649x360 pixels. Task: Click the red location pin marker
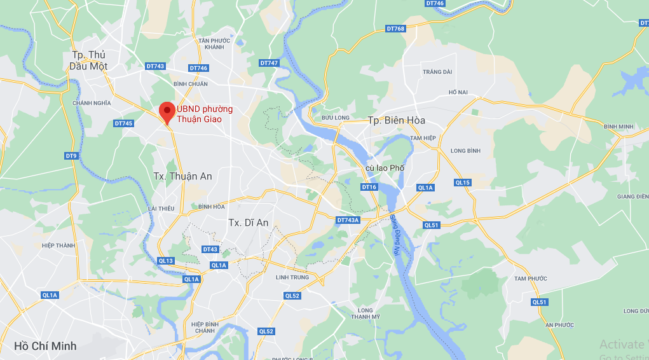[167, 111]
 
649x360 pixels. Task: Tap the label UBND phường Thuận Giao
[204, 114]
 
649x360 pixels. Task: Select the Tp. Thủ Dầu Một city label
[89, 60]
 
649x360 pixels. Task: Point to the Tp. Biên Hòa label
[396, 120]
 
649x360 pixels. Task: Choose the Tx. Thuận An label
[182, 176]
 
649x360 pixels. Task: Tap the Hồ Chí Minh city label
[45, 346]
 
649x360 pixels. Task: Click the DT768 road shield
[395, 29]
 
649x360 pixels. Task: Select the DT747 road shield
[270, 63]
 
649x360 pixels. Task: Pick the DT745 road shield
[124, 123]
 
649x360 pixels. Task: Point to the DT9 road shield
[71, 156]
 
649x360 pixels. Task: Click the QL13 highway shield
[166, 261]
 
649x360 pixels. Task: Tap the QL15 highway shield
[463, 183]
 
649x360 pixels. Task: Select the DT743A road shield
[348, 220]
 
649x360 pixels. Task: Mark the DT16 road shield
[369, 187]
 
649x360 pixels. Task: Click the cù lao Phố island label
[385, 168]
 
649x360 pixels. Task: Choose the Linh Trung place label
[292, 277]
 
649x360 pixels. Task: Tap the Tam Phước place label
[531, 279]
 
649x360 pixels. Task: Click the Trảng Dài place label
[437, 72]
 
